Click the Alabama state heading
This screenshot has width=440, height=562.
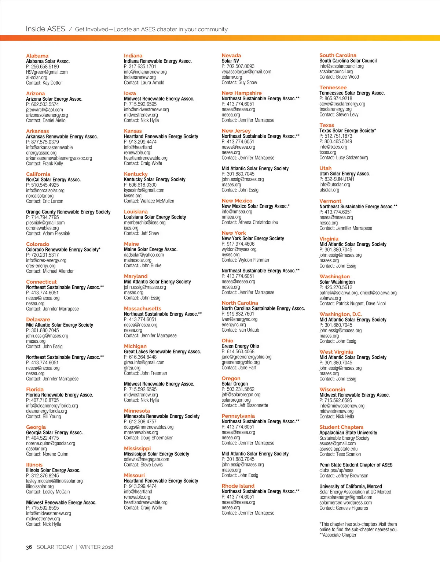37,56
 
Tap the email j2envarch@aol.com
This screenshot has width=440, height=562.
44,109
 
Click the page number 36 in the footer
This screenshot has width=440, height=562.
29,547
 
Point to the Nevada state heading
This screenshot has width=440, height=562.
231,56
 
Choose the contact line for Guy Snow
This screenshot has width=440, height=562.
239,82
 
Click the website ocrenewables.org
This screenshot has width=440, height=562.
42,228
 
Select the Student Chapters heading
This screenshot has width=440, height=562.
341,427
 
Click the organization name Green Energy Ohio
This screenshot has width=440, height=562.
240,346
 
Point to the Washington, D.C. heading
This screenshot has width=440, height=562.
341,314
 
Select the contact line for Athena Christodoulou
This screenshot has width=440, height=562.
250,222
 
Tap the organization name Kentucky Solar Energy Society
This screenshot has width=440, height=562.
154,179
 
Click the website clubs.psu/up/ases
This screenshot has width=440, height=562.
336,470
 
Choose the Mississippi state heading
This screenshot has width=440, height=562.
137,449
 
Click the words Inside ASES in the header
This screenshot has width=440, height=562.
45,29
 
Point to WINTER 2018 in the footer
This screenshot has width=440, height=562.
96,547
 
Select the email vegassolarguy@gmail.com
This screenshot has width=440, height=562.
246,72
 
